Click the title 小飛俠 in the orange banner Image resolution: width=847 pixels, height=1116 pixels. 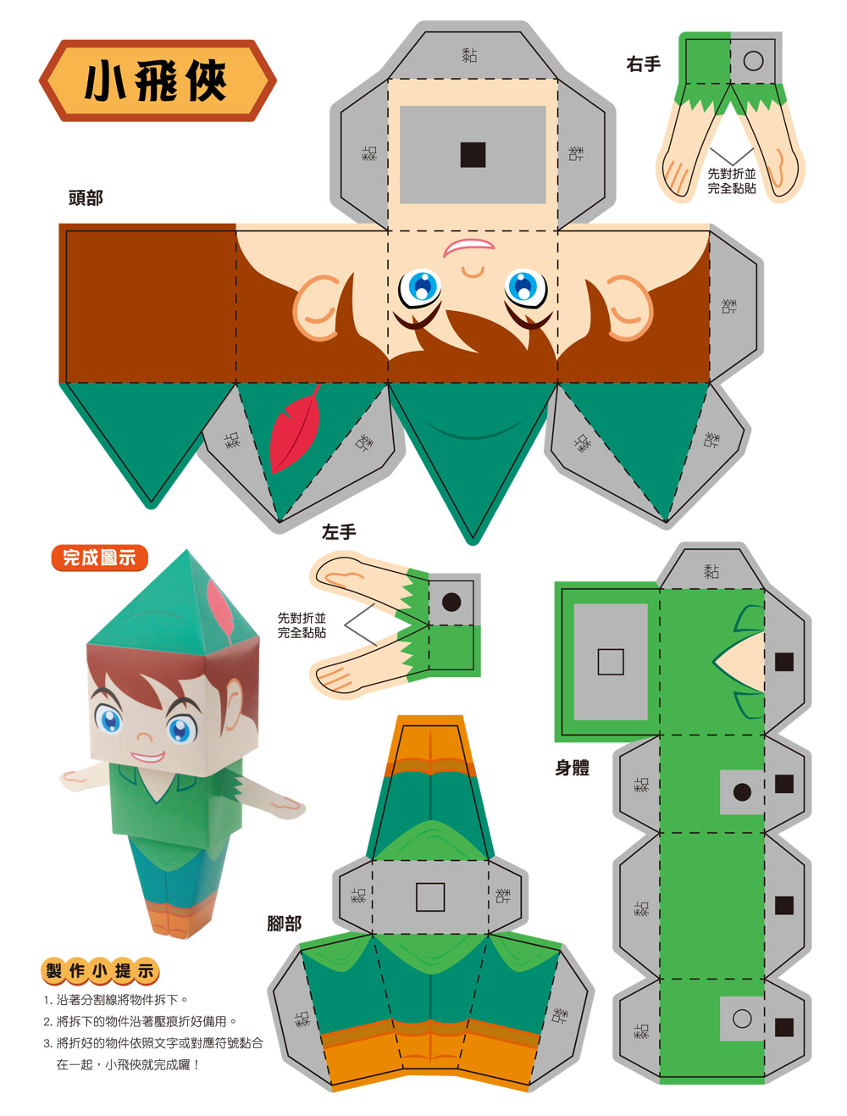(x=156, y=81)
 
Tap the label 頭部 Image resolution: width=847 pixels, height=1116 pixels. (x=86, y=197)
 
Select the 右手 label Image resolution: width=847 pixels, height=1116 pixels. (x=643, y=64)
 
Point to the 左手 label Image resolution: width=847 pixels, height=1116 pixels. (x=339, y=532)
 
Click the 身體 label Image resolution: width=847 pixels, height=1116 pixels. (x=572, y=767)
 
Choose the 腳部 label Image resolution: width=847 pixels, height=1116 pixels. (x=285, y=923)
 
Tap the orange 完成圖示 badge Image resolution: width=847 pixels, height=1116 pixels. (x=100, y=558)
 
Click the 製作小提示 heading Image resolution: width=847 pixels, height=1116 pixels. (x=100, y=970)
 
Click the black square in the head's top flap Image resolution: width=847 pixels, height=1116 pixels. (x=473, y=154)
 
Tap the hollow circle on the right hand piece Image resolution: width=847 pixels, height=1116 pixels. (x=753, y=61)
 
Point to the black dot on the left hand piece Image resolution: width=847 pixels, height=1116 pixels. (x=451, y=602)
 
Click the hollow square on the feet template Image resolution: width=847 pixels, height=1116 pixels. (x=429, y=897)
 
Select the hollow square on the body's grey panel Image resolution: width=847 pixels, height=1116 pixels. (x=610, y=662)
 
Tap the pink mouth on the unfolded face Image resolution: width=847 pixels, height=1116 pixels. (x=468, y=247)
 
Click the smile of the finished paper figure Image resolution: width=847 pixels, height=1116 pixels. (x=148, y=757)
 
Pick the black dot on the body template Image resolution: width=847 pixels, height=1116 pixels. (x=742, y=791)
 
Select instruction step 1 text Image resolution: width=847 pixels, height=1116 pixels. (x=116, y=1000)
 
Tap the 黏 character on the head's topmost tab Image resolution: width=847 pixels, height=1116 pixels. (x=469, y=54)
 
